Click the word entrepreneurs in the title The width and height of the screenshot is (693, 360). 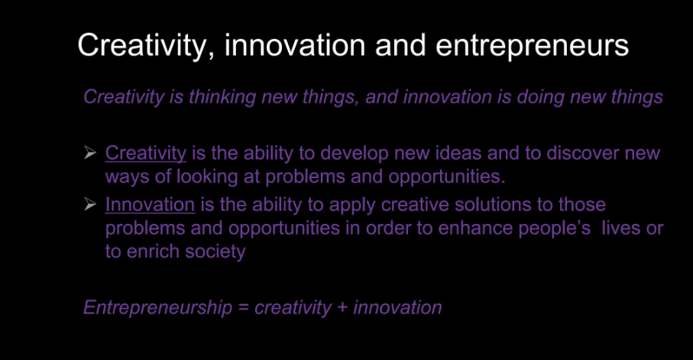point(532,46)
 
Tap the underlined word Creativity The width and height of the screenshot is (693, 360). point(146,154)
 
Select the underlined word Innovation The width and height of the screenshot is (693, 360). point(150,205)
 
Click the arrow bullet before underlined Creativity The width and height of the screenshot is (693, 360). point(89,153)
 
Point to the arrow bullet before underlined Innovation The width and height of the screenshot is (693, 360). point(89,204)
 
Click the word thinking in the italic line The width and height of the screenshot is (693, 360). point(222,97)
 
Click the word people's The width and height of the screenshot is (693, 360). point(555,229)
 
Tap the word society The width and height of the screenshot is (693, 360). point(215,252)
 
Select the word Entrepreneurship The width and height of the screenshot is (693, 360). point(158,308)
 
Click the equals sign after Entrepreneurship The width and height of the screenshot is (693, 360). point(244,308)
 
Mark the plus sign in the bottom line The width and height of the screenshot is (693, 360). point(342,308)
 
